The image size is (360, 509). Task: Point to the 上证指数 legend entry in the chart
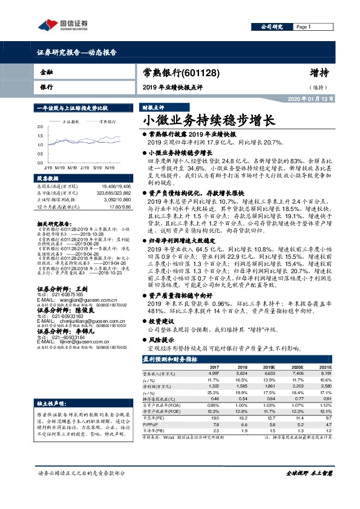[72, 122]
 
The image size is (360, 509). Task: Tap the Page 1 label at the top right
[303, 27]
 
